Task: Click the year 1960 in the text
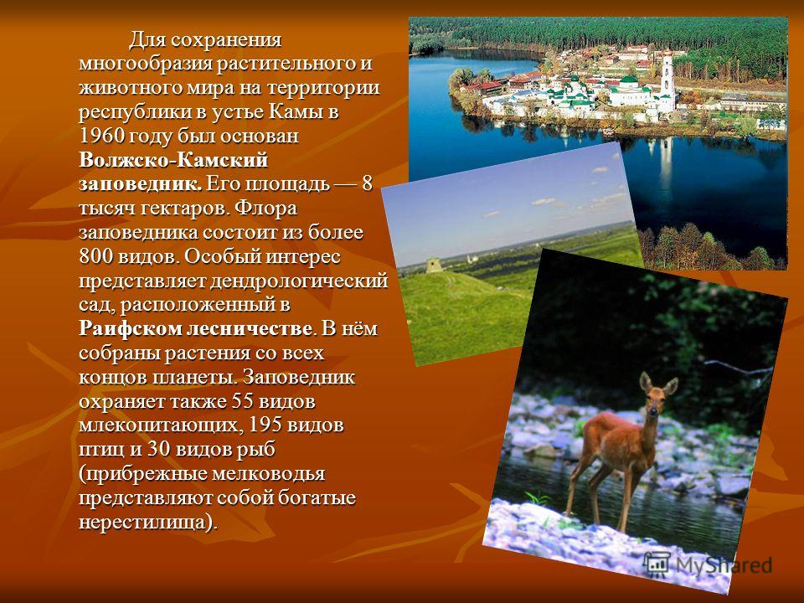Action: click(101, 137)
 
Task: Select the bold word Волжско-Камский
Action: click(173, 161)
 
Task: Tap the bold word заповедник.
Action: click(141, 184)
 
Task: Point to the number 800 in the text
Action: click(95, 257)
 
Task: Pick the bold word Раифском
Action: click(130, 329)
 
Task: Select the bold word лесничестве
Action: click(249, 329)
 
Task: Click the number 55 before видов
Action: click(243, 401)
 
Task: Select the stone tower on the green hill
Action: click(433, 265)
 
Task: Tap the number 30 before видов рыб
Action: click(158, 450)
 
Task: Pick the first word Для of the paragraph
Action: click(147, 40)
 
